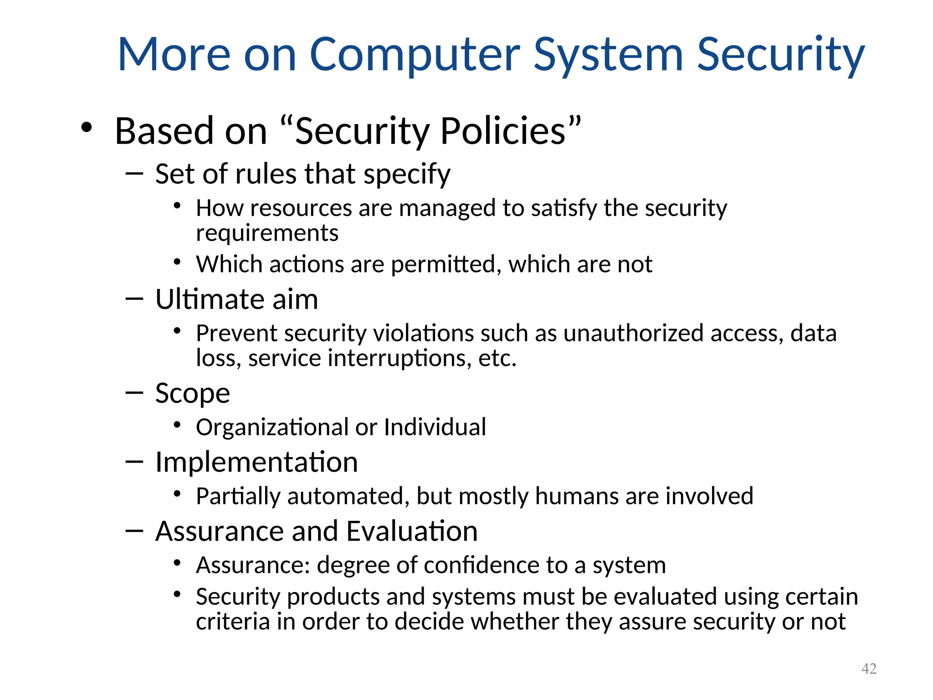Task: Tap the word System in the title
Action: click(608, 55)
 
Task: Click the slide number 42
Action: click(869, 669)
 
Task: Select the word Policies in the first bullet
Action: click(503, 131)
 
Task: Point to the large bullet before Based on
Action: click(87, 128)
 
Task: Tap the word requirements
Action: click(267, 233)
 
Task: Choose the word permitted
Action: click(443, 264)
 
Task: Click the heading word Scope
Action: click(192, 393)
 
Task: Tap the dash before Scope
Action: click(134, 392)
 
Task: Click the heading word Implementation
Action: click(256, 462)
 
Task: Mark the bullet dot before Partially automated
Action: click(177, 494)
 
